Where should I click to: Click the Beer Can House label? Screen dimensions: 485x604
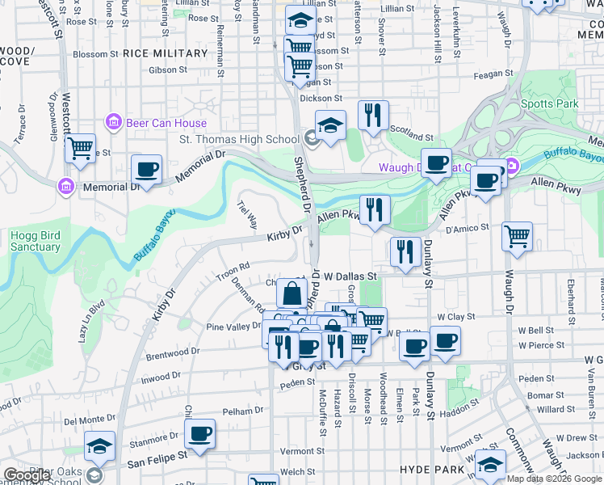click(x=167, y=123)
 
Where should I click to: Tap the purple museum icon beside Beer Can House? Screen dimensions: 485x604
click(x=113, y=123)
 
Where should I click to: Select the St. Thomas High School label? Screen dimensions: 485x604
click(x=238, y=139)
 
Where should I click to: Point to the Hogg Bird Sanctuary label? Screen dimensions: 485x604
click(x=36, y=241)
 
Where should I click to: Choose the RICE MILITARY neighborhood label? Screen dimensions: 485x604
click(x=166, y=53)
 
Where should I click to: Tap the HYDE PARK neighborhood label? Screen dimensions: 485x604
click(x=432, y=469)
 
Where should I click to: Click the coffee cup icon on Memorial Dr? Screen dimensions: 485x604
click(x=146, y=170)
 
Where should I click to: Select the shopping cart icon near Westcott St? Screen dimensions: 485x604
click(x=80, y=149)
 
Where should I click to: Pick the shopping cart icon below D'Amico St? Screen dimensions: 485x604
click(x=517, y=237)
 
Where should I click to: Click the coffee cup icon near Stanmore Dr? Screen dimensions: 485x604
click(x=199, y=434)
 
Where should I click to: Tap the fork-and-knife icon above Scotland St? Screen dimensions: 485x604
click(x=373, y=116)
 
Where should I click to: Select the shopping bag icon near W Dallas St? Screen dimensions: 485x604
click(x=292, y=293)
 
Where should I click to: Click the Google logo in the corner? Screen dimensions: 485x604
click(x=27, y=475)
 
